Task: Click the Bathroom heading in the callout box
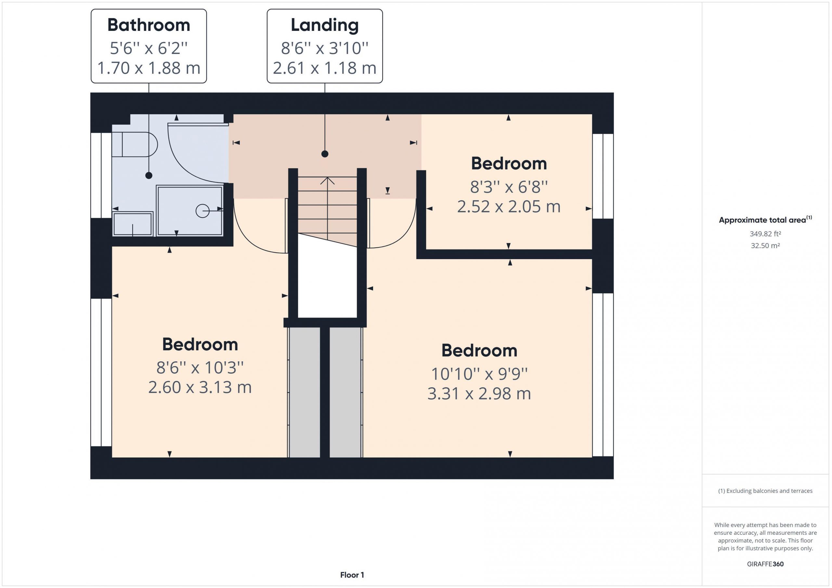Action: click(x=149, y=25)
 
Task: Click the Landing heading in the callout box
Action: click(x=325, y=25)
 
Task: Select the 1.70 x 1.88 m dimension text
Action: click(x=149, y=68)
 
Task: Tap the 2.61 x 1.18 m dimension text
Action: click(x=325, y=68)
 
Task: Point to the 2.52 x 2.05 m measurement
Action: click(x=509, y=207)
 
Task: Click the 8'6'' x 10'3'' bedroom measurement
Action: click(x=200, y=368)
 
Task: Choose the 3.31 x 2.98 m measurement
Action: click(x=479, y=394)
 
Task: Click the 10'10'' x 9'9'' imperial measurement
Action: click(x=479, y=374)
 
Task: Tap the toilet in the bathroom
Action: click(x=135, y=144)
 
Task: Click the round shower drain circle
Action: click(x=202, y=211)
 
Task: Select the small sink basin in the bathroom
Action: click(x=133, y=224)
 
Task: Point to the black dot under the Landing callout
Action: click(x=325, y=154)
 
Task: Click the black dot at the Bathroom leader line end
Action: click(x=149, y=176)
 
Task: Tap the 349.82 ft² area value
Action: click(x=765, y=234)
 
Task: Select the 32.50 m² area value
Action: click(x=765, y=245)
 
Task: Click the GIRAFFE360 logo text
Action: click(x=765, y=564)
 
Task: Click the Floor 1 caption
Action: click(x=352, y=575)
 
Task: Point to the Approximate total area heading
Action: click(x=765, y=220)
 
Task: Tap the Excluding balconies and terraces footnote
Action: click(x=765, y=491)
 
